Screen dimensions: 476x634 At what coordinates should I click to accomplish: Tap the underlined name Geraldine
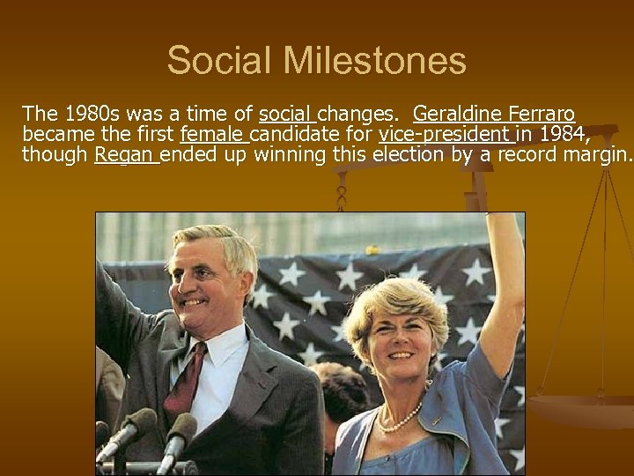point(457,115)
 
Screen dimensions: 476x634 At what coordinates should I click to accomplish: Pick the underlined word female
point(212,135)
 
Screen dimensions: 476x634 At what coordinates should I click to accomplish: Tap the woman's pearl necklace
point(398,418)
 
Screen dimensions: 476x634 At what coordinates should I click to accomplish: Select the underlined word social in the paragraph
point(286,115)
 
